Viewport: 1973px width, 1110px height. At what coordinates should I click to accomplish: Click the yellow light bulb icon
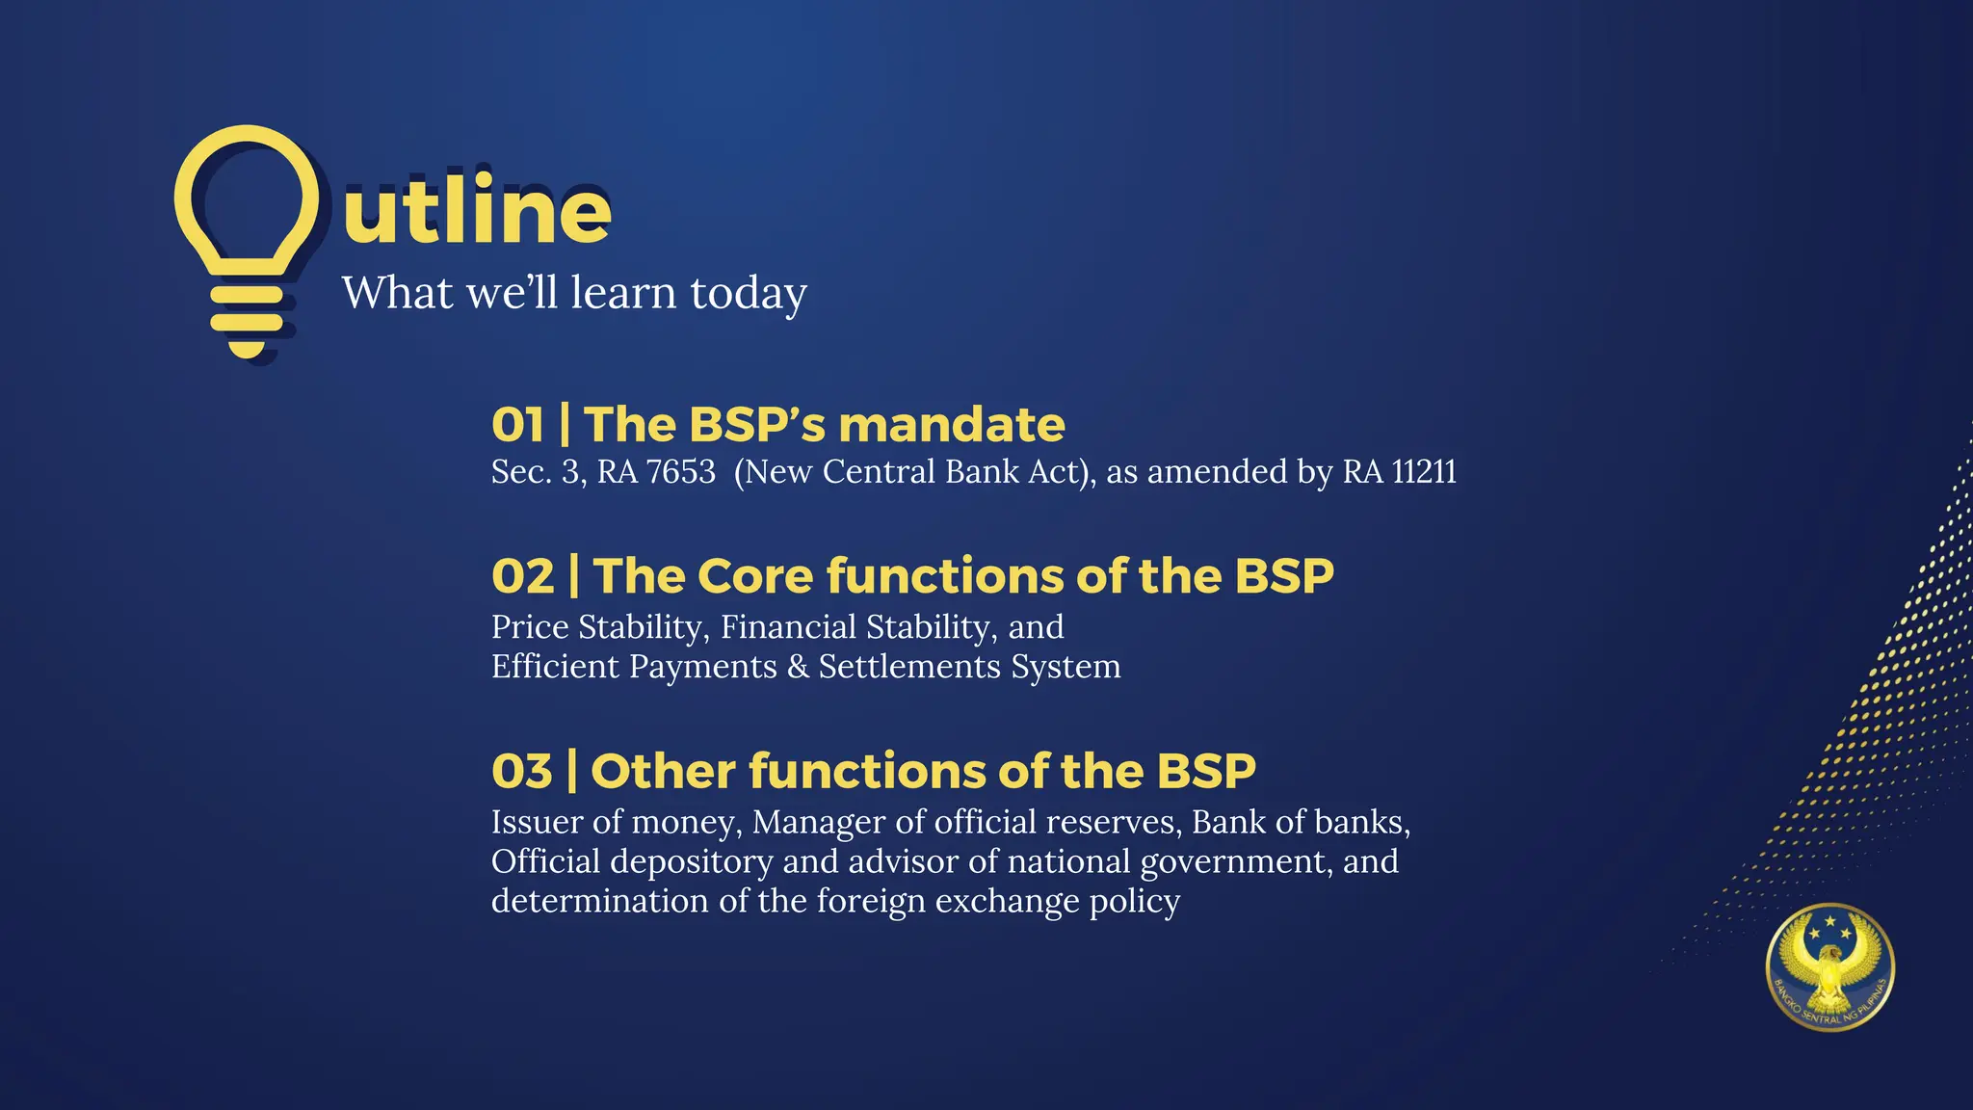coord(247,241)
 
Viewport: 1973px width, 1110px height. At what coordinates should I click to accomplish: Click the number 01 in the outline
coord(517,425)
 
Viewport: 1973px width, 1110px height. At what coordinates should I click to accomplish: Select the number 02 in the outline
coord(522,576)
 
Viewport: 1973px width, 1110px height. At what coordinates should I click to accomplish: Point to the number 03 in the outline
coord(521,771)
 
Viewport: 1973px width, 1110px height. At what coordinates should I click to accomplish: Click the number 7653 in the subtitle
coord(680,472)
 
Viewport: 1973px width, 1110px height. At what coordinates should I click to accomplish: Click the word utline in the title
coord(477,212)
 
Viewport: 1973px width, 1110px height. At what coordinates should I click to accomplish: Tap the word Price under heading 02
coord(530,627)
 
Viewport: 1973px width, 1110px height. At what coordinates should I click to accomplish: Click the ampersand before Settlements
coord(798,667)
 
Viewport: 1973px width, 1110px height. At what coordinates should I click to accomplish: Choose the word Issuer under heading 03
coord(537,822)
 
